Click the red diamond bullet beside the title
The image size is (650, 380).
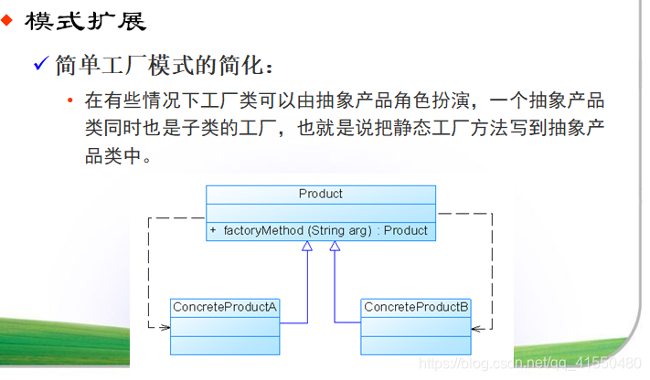coord(7,20)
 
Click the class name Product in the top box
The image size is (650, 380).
coord(320,194)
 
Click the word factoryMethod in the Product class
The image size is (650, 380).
coord(264,231)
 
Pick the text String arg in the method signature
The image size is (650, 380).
coord(340,231)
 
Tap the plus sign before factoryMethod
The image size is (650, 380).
coord(213,231)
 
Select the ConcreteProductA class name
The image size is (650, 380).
coord(224,307)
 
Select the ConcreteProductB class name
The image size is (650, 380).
coord(416,307)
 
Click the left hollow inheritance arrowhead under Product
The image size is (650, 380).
coord(308,247)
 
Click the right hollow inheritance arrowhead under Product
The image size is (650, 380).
coord(335,247)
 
